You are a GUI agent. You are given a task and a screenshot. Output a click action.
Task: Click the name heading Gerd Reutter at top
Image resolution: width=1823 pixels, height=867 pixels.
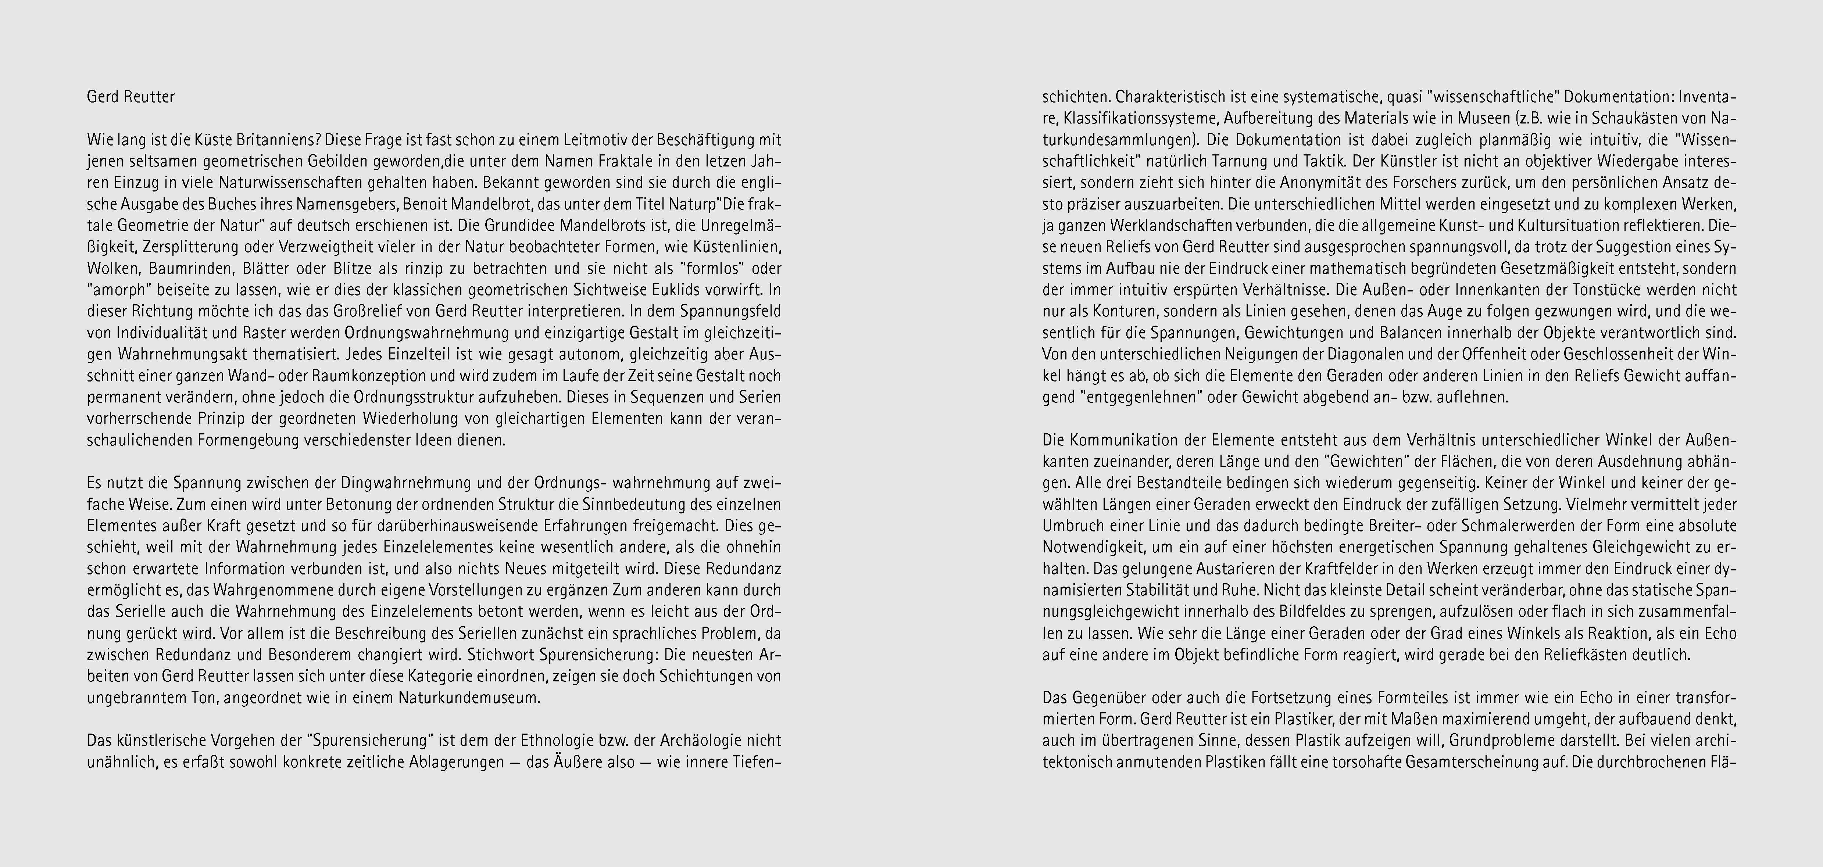coord(131,97)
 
